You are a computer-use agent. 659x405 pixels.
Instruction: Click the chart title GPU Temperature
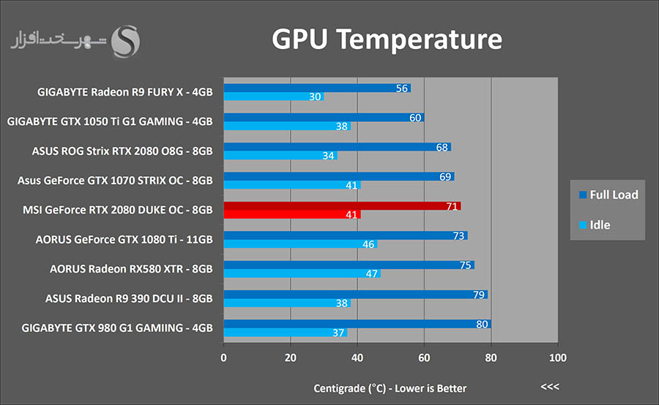click(387, 39)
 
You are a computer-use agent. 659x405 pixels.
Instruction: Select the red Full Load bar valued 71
click(342, 205)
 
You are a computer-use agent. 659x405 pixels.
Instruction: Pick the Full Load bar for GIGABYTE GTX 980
click(357, 324)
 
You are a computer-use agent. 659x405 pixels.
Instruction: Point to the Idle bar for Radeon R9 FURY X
click(273, 96)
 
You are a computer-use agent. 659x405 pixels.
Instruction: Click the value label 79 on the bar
click(479, 295)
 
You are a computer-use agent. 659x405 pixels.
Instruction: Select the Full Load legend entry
click(608, 194)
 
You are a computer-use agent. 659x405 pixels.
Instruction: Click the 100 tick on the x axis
click(557, 357)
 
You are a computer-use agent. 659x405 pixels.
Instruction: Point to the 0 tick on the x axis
click(223, 357)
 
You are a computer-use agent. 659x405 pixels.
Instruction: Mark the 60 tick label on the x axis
click(424, 357)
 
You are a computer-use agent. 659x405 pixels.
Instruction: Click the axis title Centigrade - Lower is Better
click(390, 387)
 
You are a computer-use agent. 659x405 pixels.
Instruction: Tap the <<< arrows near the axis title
click(549, 387)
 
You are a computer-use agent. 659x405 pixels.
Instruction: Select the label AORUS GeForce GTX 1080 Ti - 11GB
click(124, 238)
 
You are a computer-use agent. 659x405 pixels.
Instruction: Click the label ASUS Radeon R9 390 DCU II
click(129, 298)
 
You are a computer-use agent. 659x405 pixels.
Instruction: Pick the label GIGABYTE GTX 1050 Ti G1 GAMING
click(110, 121)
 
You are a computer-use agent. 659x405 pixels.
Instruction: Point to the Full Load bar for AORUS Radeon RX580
click(349, 265)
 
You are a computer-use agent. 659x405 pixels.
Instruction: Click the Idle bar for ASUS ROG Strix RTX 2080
click(280, 156)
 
